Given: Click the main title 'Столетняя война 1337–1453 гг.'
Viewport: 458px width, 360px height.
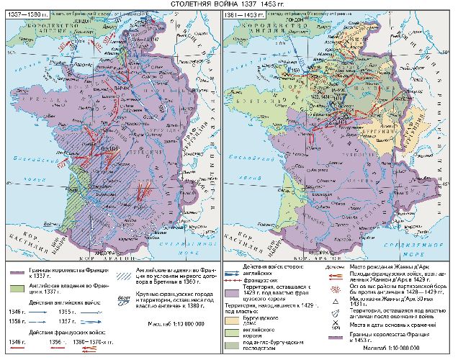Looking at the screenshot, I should [x=228, y=4].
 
